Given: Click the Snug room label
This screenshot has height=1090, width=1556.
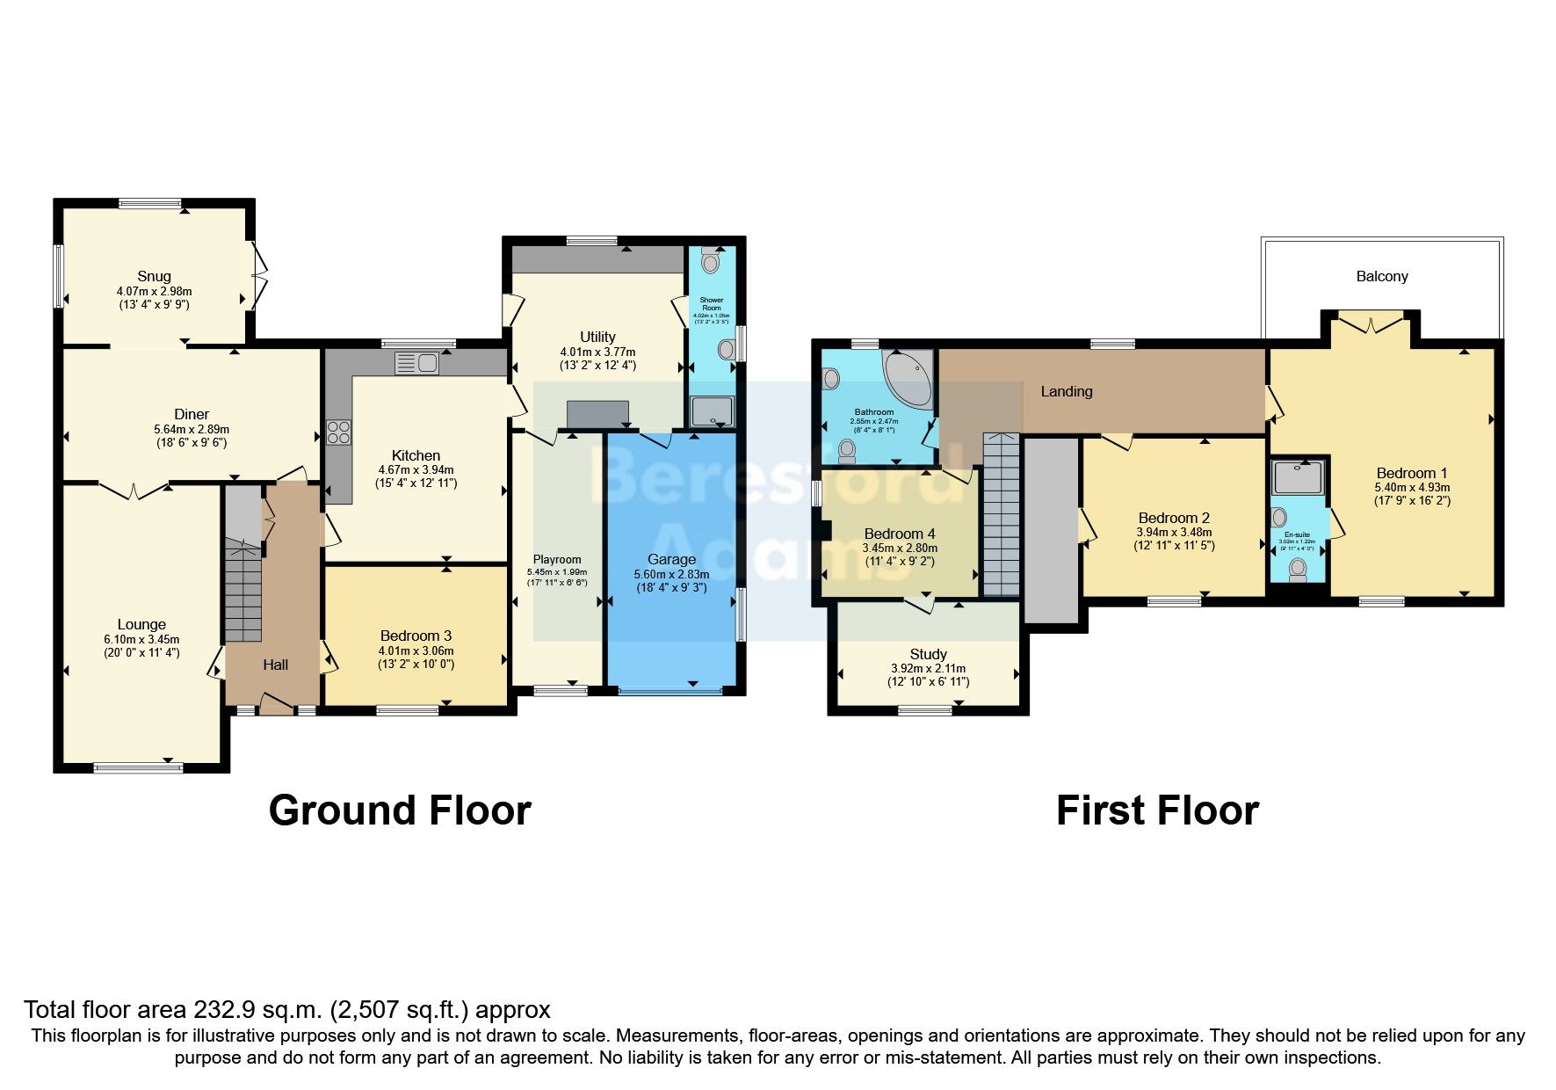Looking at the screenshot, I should pos(154,276).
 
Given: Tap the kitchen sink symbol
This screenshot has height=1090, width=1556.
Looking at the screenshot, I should pos(417,362).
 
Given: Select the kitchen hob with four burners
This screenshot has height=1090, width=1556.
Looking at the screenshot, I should pos(339,432).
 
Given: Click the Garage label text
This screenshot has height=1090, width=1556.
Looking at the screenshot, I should pos(671,559).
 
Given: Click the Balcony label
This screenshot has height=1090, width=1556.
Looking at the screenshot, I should pos(1381,276).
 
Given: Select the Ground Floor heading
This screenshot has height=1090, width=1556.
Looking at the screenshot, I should pos(400,810).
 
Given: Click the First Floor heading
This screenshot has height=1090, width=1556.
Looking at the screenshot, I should pos(1157,810).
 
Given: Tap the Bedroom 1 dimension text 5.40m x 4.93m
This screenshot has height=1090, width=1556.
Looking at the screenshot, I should pos(1412,487).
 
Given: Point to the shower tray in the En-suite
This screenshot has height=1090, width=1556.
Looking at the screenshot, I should pos(1298,477).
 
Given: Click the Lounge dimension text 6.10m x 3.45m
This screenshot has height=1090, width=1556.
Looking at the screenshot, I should pos(141,639).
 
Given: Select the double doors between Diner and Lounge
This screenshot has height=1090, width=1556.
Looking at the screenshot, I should pos(134,489).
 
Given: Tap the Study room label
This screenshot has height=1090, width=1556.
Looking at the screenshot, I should pos(928,654).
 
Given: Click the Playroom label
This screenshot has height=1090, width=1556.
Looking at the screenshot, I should pos(557,559).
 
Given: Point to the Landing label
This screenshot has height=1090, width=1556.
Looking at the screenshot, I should pos(1066,391).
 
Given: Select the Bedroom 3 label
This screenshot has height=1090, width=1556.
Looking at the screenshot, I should pos(416,635).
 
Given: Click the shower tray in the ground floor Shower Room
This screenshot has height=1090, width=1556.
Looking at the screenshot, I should pos(711,411).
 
